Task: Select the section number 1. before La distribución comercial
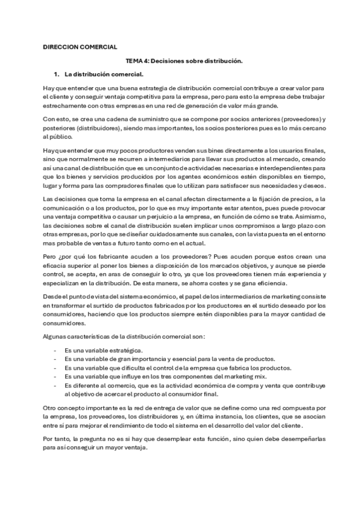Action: point(56,75)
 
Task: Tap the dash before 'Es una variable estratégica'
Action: point(55,350)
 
